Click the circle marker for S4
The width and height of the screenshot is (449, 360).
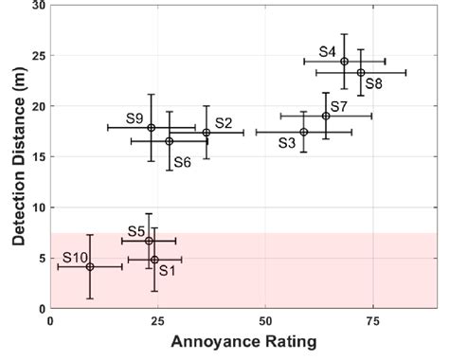(344, 62)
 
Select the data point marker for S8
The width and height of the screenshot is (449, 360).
(361, 72)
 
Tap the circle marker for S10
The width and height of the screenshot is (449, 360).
(90, 267)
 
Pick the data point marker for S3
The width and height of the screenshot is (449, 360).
(303, 132)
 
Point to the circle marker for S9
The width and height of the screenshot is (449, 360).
(151, 127)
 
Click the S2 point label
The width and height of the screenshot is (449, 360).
(224, 122)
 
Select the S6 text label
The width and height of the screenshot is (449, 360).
(182, 162)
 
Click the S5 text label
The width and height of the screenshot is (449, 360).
(135, 231)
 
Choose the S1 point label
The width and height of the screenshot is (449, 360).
(168, 270)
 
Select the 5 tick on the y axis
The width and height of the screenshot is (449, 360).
(42, 258)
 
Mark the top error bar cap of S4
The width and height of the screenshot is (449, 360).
(344, 34)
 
